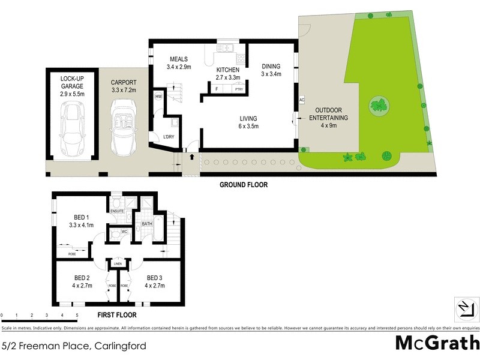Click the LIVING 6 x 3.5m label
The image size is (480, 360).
[248, 122]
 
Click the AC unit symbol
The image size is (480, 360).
[301, 100]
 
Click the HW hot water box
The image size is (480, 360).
[158, 97]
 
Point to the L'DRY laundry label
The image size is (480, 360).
[169, 137]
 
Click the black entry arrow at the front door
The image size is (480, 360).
[191, 157]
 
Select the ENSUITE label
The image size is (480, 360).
[117, 211]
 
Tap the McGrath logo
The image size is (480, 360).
[437, 343]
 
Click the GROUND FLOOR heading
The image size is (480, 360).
[244, 185]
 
